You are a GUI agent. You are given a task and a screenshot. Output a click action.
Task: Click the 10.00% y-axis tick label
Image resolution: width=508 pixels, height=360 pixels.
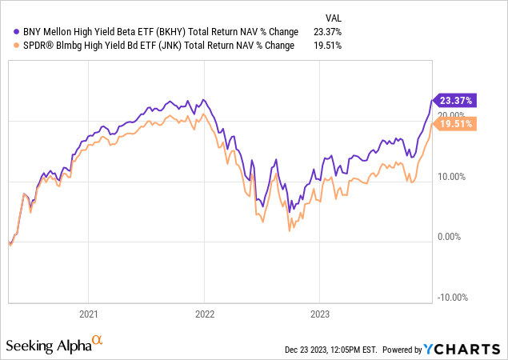pos(453,177)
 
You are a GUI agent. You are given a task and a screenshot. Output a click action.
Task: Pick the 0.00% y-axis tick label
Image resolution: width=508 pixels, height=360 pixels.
pos(450,237)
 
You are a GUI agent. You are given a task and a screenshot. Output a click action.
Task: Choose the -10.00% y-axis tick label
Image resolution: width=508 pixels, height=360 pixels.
pos(453,298)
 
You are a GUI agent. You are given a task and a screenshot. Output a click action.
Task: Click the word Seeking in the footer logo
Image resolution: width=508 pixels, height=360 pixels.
pos(29,346)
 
